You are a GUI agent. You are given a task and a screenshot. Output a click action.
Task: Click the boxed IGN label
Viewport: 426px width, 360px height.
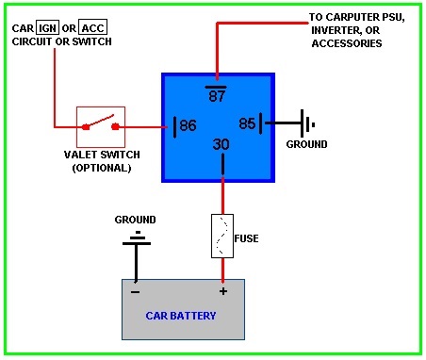pyautogui.click(x=47, y=27)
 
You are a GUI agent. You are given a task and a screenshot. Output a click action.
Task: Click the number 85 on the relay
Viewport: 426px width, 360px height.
pyautogui.click(x=246, y=123)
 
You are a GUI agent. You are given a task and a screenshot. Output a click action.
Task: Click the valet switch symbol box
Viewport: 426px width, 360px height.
pyautogui.click(x=101, y=124)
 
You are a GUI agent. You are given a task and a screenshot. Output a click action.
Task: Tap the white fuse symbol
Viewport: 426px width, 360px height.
pyautogui.click(x=223, y=236)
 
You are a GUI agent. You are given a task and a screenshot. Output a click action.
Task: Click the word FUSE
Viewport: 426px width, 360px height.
pyautogui.click(x=248, y=238)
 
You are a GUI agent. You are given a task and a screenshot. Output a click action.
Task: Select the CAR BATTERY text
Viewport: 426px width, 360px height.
pyautogui.click(x=182, y=315)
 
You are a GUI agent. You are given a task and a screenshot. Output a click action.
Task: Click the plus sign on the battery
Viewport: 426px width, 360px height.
pyautogui.click(x=223, y=291)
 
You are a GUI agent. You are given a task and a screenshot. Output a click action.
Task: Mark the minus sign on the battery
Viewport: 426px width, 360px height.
pyautogui.click(x=135, y=291)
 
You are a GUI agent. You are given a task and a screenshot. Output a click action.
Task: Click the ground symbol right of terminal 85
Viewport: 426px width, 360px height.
pyautogui.click(x=305, y=123)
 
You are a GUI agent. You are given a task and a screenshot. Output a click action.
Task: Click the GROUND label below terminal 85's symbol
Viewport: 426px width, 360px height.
pyautogui.click(x=306, y=144)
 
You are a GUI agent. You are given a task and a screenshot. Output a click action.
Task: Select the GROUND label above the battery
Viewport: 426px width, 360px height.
pyautogui.click(x=135, y=220)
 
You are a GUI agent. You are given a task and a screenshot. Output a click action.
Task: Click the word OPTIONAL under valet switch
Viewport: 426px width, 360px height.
pyautogui.click(x=101, y=168)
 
